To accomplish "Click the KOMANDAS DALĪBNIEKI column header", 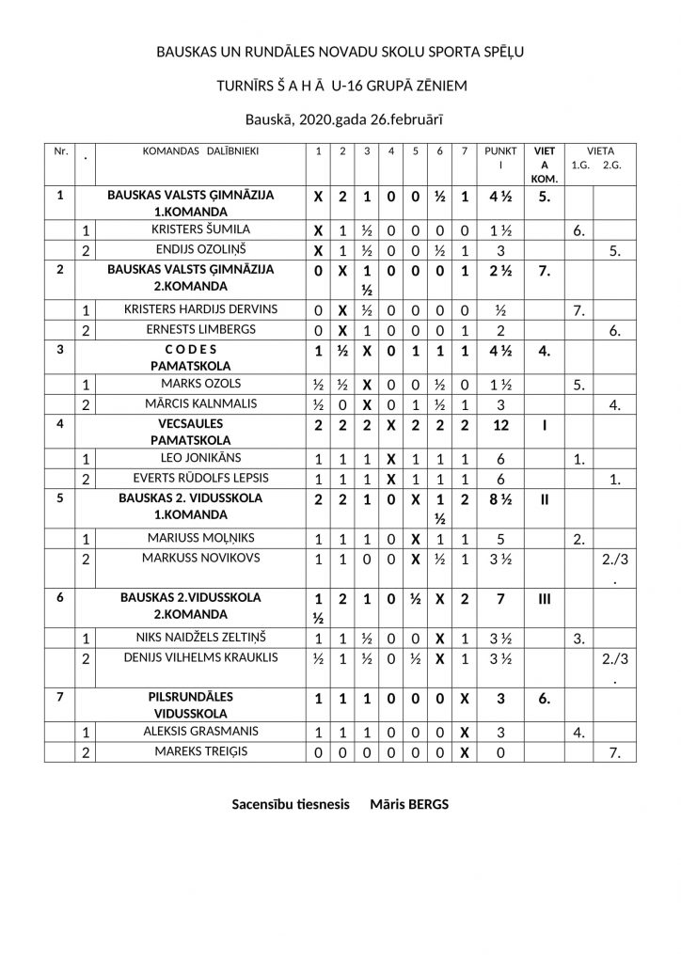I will click(200, 150).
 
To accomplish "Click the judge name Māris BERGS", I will click(409, 804).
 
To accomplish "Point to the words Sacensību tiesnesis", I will click(291, 804).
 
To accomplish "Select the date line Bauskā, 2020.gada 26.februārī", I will click(340, 118).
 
